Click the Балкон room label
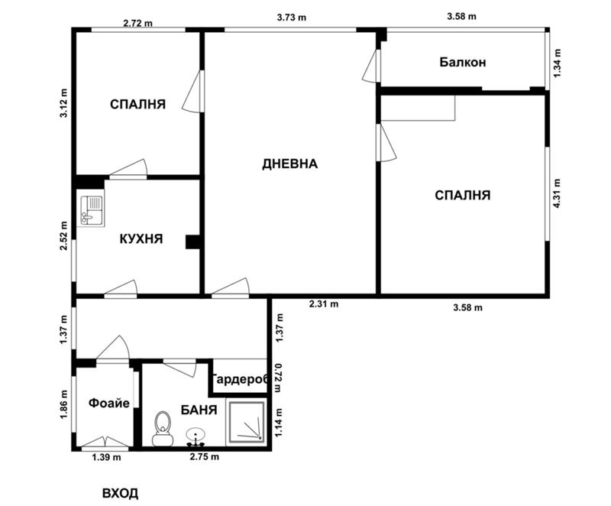coord(463,62)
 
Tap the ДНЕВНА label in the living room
coord(290,164)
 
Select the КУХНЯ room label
coord(141,238)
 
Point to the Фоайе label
coord(108,403)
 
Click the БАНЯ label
coord(199,410)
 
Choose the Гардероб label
coord(240,379)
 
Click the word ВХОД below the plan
coord(120,493)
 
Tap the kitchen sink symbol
coord(91,211)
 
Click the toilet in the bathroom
coord(163,429)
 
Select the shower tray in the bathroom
coord(247,422)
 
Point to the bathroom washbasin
coord(196,437)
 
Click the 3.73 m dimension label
coord(292,17)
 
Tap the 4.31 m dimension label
coord(557,193)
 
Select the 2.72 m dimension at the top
coord(138,23)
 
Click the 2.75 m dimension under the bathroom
coord(204,456)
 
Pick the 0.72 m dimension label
coord(278,378)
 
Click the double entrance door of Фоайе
coord(105,442)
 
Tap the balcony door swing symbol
coord(371,66)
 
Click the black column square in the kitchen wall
coord(192,242)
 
